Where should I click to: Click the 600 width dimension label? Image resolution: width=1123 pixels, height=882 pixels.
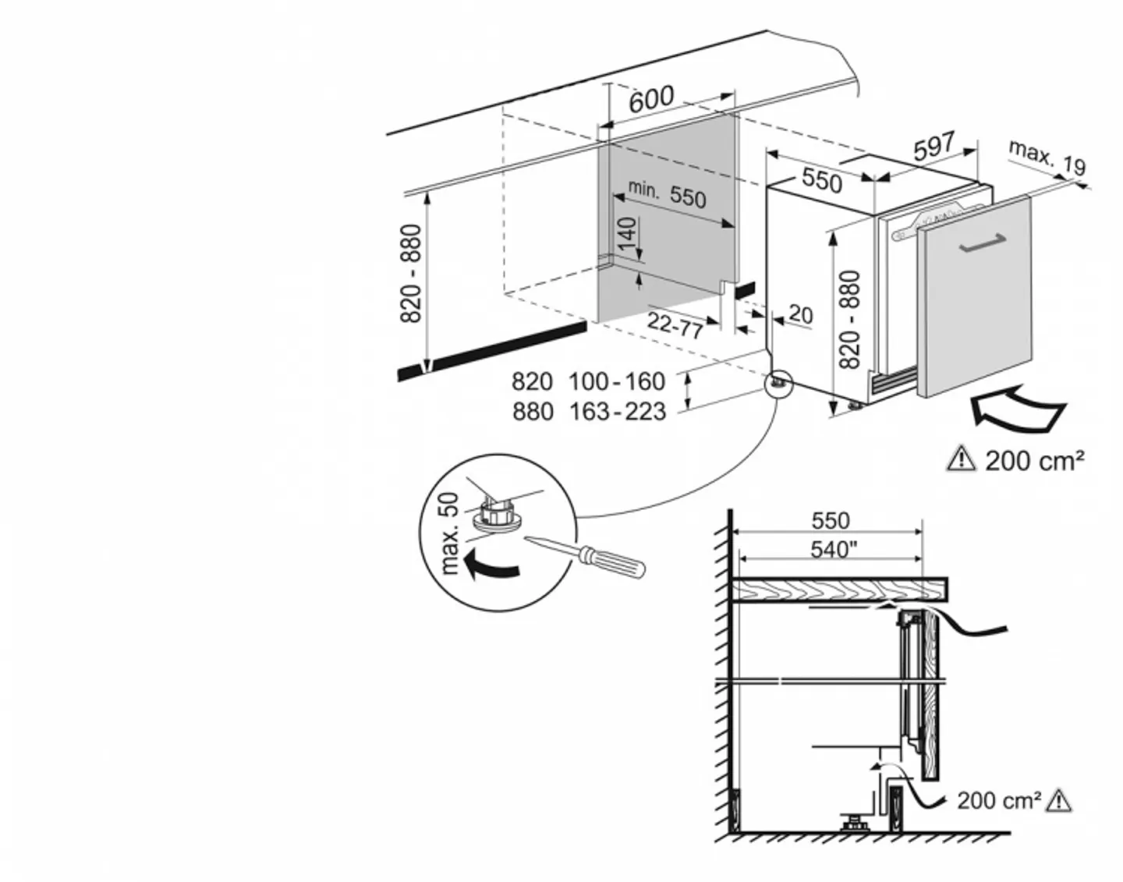651,98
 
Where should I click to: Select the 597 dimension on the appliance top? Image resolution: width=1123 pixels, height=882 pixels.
933,146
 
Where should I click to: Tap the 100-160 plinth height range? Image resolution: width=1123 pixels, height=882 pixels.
617,381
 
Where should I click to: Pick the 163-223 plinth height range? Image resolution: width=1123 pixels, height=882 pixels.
617,411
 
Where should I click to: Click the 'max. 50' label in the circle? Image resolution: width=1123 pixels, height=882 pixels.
450,533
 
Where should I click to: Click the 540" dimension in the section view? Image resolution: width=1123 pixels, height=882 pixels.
834,550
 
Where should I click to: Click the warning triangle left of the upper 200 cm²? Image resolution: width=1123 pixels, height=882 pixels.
961,459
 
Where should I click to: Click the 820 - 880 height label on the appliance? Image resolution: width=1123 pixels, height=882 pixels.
852,320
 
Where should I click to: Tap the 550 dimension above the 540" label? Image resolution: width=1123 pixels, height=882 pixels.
831,520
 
